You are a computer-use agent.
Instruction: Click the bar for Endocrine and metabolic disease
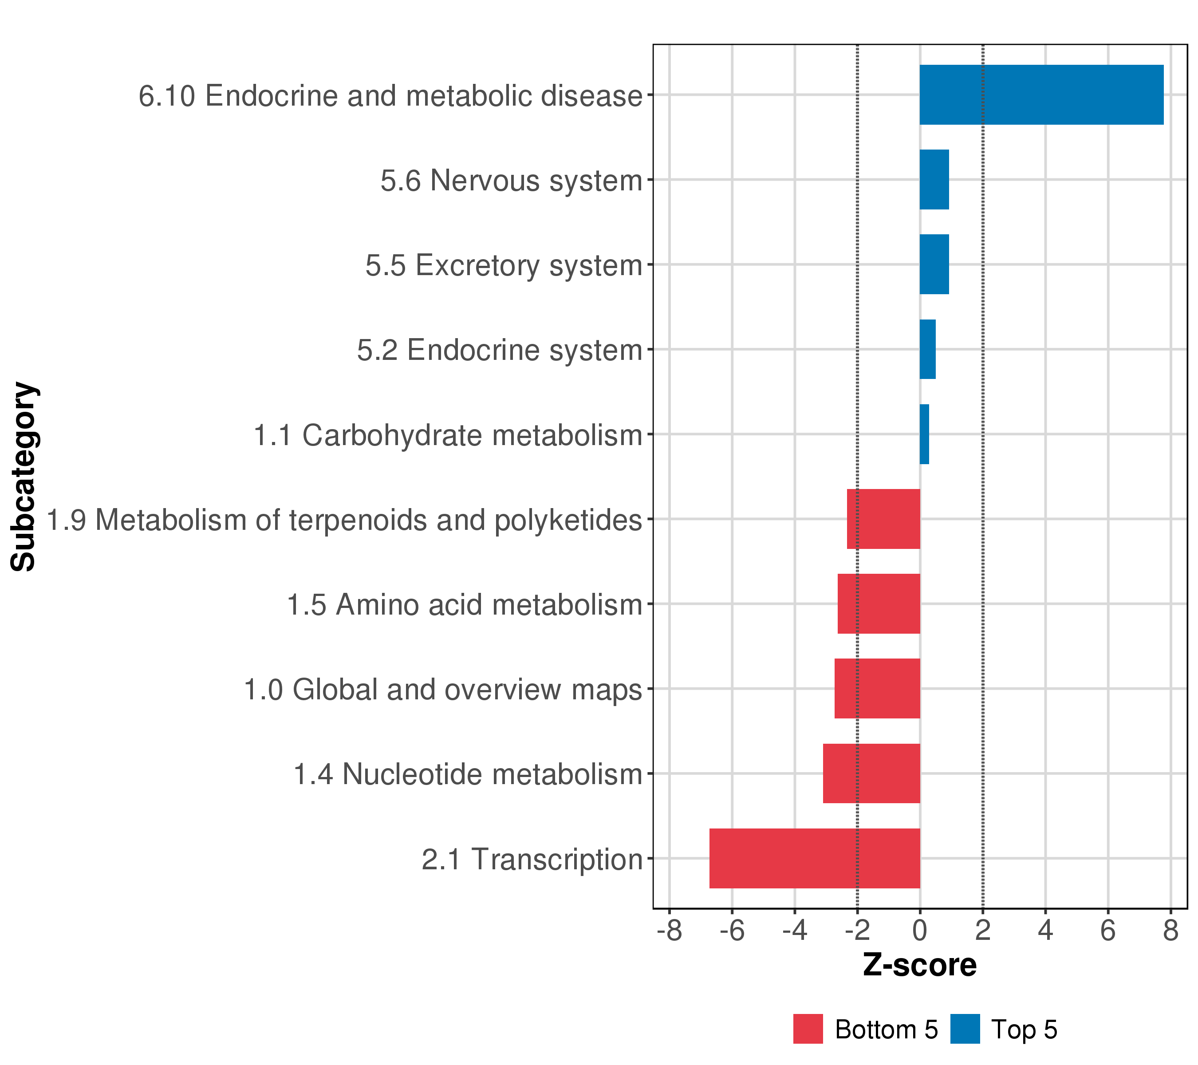(1041, 95)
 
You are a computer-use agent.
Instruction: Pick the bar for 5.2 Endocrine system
(927, 349)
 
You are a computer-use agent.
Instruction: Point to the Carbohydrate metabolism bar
(924, 434)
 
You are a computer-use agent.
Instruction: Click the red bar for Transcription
(814, 858)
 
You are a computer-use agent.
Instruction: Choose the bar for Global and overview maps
(877, 688)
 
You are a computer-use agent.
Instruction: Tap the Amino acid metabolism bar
(879, 603)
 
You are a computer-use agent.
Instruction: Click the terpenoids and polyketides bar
(883, 519)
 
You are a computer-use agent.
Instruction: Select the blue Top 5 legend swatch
(965, 1029)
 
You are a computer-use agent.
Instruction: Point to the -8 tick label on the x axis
(670, 931)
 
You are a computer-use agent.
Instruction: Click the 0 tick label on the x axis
(920, 931)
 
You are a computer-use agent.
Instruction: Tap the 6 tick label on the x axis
(1108, 931)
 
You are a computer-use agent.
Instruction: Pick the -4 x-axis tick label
(794, 931)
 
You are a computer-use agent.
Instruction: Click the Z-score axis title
(920, 965)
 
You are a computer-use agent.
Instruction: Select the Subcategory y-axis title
(24, 477)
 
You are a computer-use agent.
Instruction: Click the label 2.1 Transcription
(532, 859)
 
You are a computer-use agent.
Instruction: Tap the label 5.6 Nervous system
(511, 181)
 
